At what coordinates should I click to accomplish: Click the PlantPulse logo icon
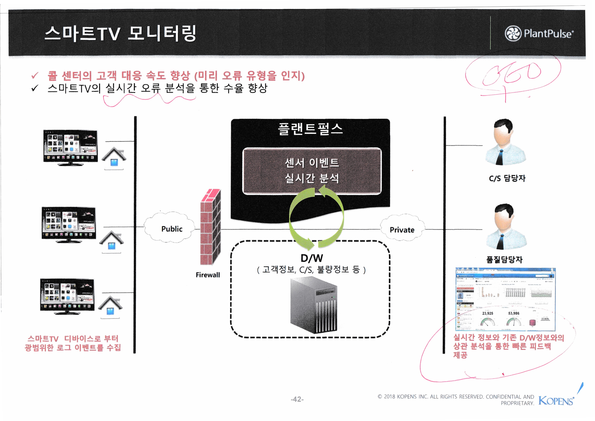(513, 33)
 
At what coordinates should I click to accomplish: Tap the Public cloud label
(172, 229)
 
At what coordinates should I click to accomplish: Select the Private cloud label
(402, 230)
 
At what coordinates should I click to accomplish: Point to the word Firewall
(207, 275)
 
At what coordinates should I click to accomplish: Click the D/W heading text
(311, 258)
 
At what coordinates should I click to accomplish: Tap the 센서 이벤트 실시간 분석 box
(312, 171)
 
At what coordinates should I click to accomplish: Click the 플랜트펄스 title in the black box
(310, 129)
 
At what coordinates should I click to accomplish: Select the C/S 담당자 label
(507, 178)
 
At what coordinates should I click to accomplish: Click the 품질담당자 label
(504, 260)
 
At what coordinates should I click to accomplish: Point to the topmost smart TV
(70, 147)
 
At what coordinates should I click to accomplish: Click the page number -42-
(297, 399)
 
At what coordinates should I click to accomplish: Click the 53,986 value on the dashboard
(514, 313)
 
